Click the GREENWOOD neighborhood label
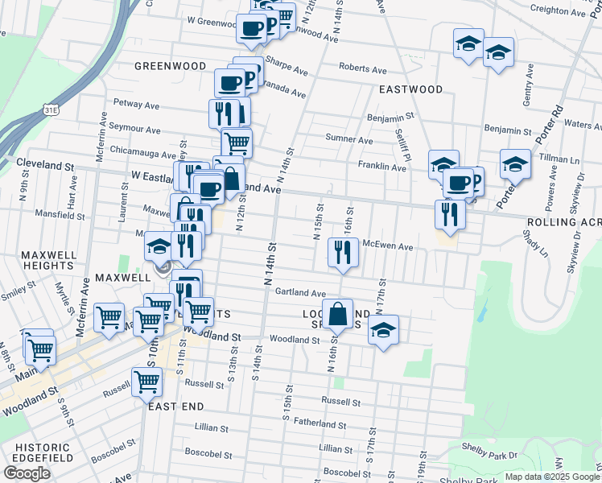(x=166, y=66)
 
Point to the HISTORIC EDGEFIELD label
(x=39, y=452)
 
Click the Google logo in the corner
(x=27, y=473)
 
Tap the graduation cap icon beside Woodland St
(x=384, y=329)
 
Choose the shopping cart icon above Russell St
(x=146, y=382)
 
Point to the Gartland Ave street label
(x=300, y=293)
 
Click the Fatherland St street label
(x=320, y=424)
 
